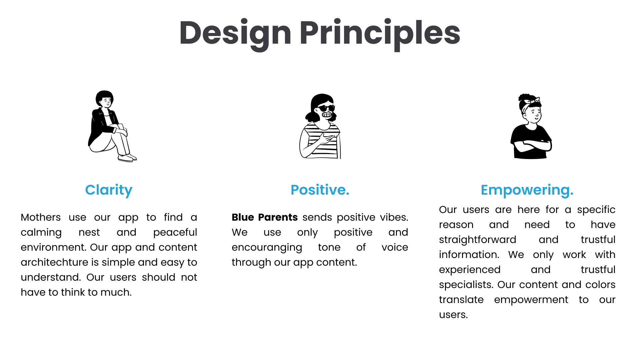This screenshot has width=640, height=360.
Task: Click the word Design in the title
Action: [x=235, y=33]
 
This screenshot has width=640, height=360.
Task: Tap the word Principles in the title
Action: [x=380, y=33]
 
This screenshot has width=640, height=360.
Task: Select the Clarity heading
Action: [x=109, y=190]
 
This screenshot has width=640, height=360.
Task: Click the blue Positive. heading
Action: [x=320, y=190]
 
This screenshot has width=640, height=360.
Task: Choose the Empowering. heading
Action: [x=527, y=190]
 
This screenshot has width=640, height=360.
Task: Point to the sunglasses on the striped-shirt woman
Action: [x=326, y=108]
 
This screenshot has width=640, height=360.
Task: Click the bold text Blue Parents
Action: [x=265, y=217]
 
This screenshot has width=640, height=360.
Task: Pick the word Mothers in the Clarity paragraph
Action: [x=41, y=217]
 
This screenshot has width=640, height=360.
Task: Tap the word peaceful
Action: [x=175, y=232]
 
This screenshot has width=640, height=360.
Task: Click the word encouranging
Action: [x=267, y=248]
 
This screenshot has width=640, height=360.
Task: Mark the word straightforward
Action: [x=478, y=240]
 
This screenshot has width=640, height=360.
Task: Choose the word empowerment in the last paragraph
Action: [x=531, y=300]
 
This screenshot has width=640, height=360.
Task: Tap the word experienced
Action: [x=470, y=270]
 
